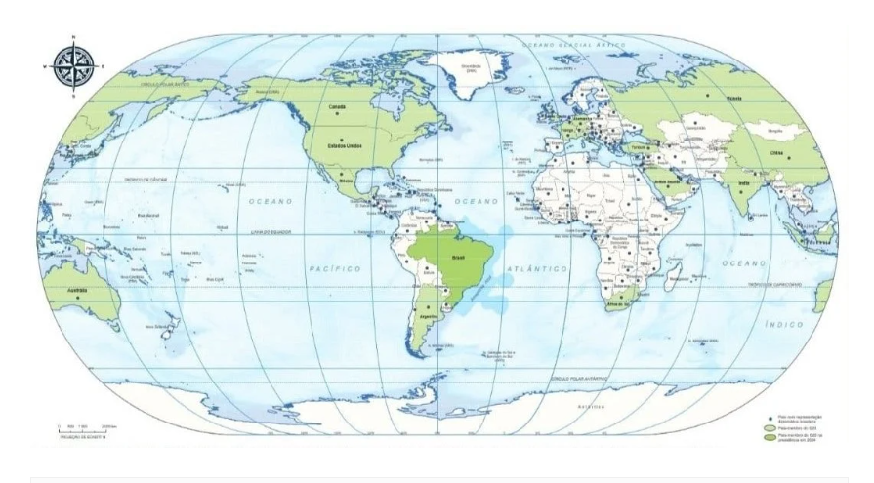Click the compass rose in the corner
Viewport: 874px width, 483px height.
pyautogui.click(x=73, y=65)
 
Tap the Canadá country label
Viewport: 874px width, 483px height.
pyautogui.click(x=338, y=106)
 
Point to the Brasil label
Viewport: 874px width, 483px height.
pyautogui.click(x=457, y=258)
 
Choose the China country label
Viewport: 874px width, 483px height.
pyautogui.click(x=776, y=153)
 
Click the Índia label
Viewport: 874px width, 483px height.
pyautogui.click(x=745, y=183)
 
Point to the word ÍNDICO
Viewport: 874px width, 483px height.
pyautogui.click(x=783, y=323)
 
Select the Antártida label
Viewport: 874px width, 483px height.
pyautogui.click(x=591, y=405)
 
